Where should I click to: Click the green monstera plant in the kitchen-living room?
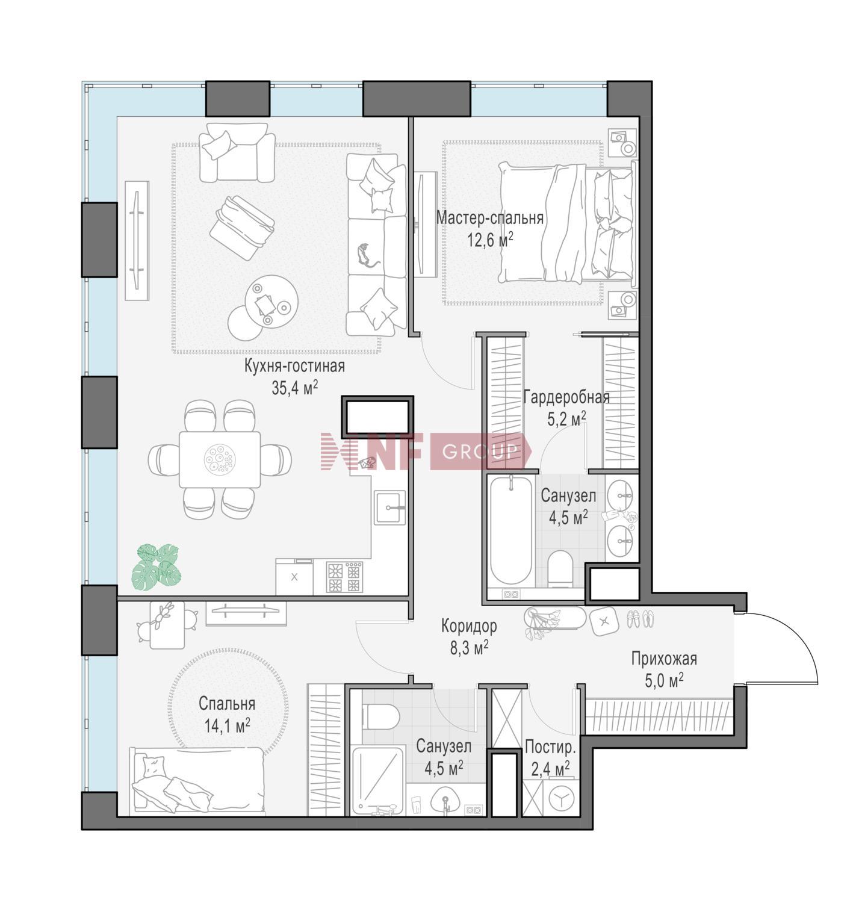click(156, 568)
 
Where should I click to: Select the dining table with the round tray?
click(220, 459)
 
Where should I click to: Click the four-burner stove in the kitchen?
click(344, 577)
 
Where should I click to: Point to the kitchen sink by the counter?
click(389, 507)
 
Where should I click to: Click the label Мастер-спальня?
click(489, 219)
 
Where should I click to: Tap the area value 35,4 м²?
click(294, 388)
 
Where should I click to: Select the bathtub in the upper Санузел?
click(511, 530)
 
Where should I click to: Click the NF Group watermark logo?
click(426, 451)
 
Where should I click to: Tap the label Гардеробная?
click(566, 397)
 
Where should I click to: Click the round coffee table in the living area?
click(271, 302)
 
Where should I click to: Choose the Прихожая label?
click(665, 659)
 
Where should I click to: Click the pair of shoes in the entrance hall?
click(641, 619)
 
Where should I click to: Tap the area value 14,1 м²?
click(227, 726)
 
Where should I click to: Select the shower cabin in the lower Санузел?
click(378, 780)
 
